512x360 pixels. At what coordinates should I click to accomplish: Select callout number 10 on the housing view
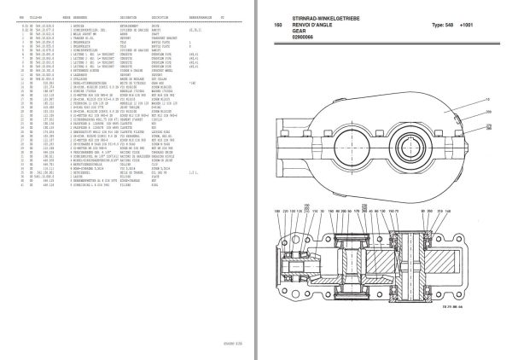[487, 100]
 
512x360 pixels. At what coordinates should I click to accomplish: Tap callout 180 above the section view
[277, 211]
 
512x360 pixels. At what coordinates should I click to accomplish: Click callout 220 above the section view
[286, 211]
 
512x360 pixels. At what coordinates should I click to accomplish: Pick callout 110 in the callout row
[316, 211]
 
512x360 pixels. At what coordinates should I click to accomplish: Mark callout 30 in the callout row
[323, 211]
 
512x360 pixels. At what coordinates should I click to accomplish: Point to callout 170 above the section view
[357, 211]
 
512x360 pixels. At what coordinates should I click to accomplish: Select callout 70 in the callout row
[397, 211]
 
